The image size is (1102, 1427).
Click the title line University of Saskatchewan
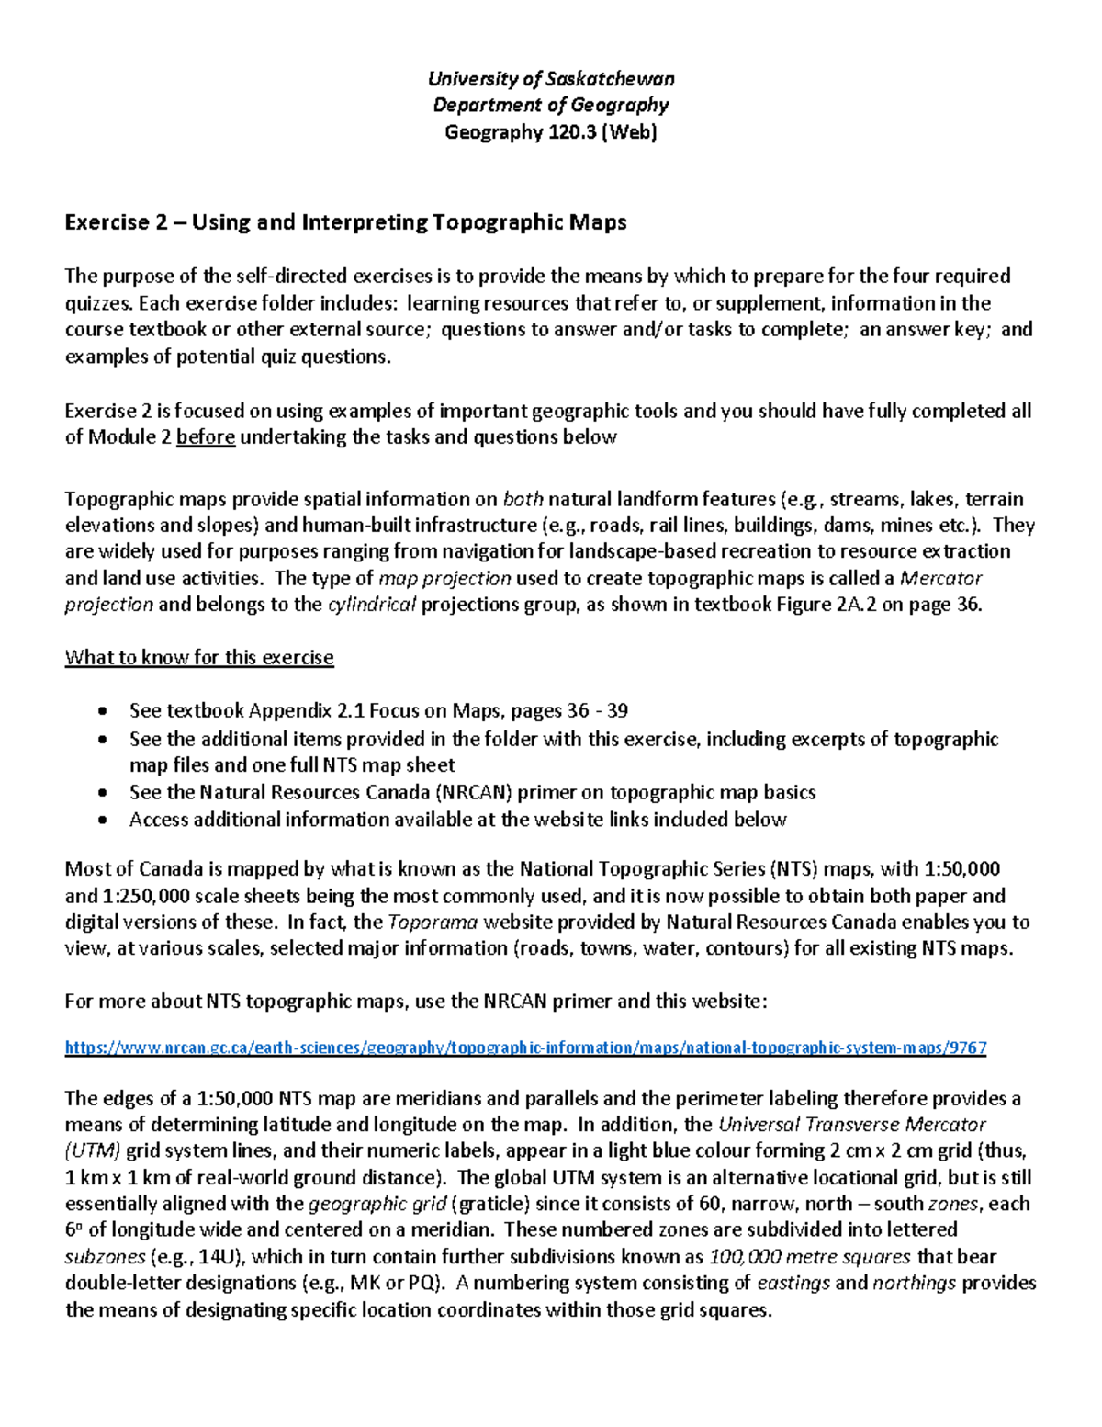click(551, 78)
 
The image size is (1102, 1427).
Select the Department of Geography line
click(551, 105)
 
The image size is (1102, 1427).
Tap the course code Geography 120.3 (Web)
click(551, 132)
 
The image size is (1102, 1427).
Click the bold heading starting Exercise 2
click(345, 222)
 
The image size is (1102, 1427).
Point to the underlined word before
click(206, 437)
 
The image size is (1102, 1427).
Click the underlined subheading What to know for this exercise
click(199, 658)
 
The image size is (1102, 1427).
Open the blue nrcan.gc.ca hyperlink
click(525, 1048)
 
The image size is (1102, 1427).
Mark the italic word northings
click(914, 1284)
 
